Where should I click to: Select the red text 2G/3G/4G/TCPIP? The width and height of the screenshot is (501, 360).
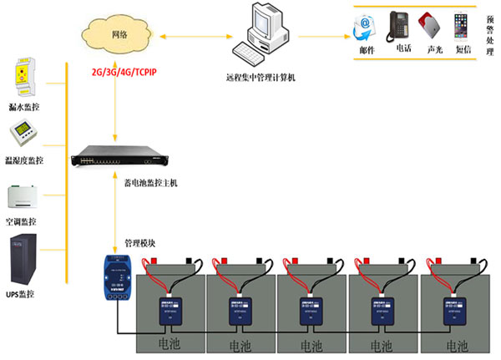124,73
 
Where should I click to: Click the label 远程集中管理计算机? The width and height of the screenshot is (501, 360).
261,78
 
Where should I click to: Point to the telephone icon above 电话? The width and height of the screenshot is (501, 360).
397,27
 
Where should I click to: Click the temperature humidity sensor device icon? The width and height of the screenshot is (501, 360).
25,134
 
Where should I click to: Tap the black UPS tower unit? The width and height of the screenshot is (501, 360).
24,259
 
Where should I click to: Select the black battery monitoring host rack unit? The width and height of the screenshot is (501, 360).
122,156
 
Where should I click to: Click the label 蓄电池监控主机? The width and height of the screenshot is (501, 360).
150,182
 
